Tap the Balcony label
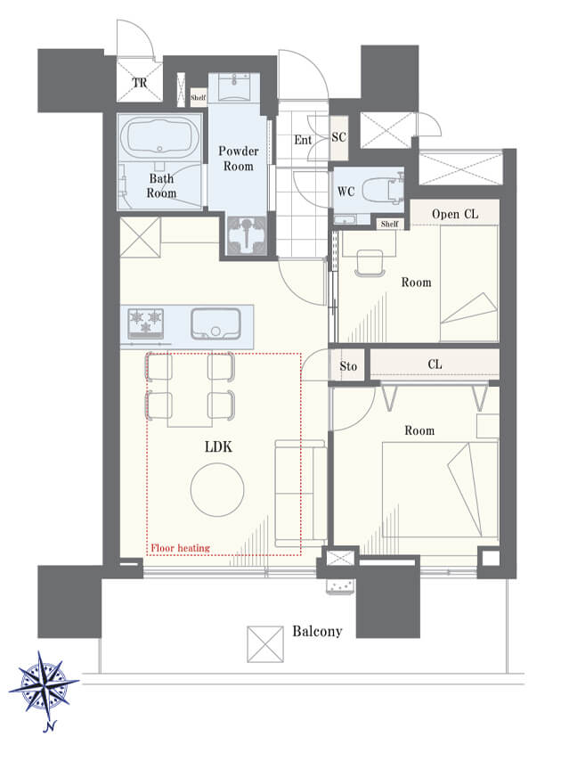317,631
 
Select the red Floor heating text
181,548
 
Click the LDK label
218,446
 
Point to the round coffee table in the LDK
217,490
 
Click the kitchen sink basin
215,323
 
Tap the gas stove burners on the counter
145,323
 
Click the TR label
140,83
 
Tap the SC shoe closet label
339,137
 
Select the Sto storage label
348,366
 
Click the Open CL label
455,214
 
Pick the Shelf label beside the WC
390,224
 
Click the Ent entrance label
303,140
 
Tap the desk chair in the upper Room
370,263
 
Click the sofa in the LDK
301,493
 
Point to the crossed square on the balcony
265,644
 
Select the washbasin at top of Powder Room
234,87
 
